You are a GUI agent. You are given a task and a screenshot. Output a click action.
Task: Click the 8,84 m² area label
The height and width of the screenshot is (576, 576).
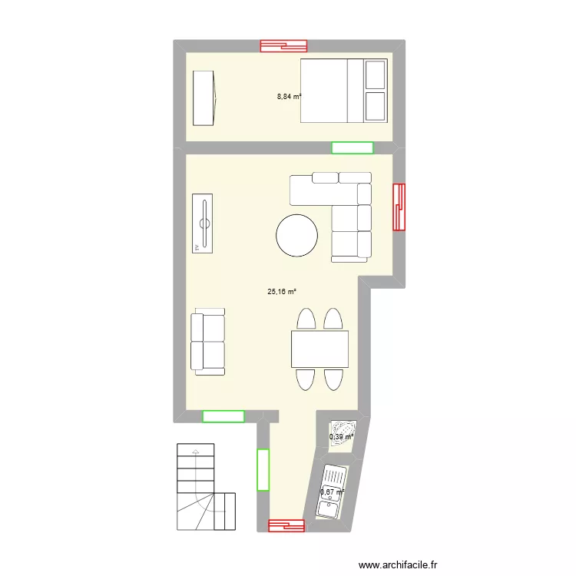289,97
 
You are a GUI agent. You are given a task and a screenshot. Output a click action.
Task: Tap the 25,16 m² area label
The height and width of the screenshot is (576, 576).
281,292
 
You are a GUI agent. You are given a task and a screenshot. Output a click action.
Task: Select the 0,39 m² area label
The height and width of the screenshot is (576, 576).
341,437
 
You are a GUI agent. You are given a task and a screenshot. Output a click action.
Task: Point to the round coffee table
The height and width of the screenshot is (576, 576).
296,235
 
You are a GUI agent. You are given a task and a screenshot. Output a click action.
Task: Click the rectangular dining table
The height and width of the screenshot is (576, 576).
319,349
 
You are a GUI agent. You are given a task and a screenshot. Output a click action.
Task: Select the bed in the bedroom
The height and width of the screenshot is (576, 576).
343,90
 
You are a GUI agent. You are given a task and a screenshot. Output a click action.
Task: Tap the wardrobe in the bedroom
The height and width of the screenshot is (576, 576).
204,98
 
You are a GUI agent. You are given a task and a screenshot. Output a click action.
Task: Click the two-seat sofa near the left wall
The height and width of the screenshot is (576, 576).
208,343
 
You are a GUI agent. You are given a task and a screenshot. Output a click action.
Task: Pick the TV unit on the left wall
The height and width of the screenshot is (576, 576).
204,223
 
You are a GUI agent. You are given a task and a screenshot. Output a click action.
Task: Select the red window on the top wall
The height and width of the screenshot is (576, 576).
284,45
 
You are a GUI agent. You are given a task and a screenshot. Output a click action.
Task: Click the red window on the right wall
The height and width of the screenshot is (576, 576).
399,207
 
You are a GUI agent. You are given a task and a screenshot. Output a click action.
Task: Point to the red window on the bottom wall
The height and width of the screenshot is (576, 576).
286,526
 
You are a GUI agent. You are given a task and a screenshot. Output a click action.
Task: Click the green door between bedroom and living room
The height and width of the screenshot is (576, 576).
352,147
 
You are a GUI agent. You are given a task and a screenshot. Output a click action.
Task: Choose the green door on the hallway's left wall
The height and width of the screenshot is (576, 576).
263,469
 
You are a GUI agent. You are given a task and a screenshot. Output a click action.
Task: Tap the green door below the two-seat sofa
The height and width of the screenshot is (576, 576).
223,417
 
